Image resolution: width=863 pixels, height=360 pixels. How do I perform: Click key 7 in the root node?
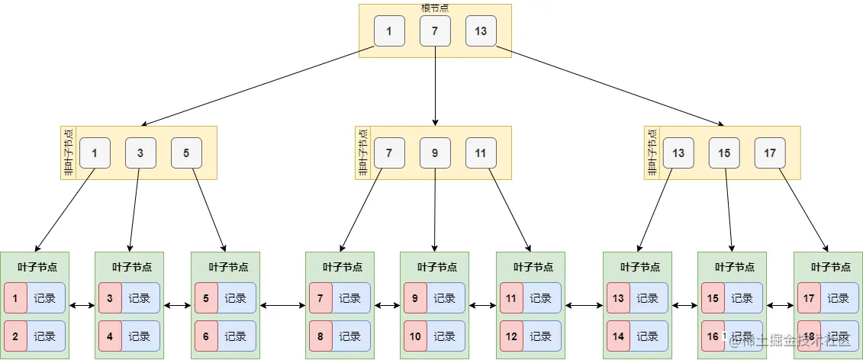435,31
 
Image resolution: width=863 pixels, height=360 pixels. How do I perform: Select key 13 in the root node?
481,31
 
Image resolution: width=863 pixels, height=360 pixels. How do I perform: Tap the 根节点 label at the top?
435,8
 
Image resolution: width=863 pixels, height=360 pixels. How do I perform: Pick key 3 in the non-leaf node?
140,153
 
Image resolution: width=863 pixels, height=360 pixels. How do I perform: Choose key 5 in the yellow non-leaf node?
186,153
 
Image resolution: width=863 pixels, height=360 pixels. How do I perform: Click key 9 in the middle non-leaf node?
435,153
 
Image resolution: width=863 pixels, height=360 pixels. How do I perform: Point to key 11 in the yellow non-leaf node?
481,153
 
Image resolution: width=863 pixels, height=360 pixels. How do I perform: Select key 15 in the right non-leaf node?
724,153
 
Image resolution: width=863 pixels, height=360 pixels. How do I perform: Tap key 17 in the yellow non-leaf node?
770,153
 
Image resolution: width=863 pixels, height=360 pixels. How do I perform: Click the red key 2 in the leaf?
16,336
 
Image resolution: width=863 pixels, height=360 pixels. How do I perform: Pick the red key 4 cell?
111,336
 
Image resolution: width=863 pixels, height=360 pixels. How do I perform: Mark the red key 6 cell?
207,336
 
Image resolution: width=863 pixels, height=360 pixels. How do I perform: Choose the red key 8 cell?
321,336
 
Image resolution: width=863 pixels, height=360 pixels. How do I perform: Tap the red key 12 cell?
512,336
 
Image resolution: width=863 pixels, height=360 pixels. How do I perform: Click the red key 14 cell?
619,336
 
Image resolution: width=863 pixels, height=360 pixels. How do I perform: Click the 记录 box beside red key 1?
46,298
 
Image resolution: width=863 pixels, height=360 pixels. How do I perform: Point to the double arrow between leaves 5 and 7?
282,306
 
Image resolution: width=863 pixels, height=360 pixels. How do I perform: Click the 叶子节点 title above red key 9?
434,267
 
